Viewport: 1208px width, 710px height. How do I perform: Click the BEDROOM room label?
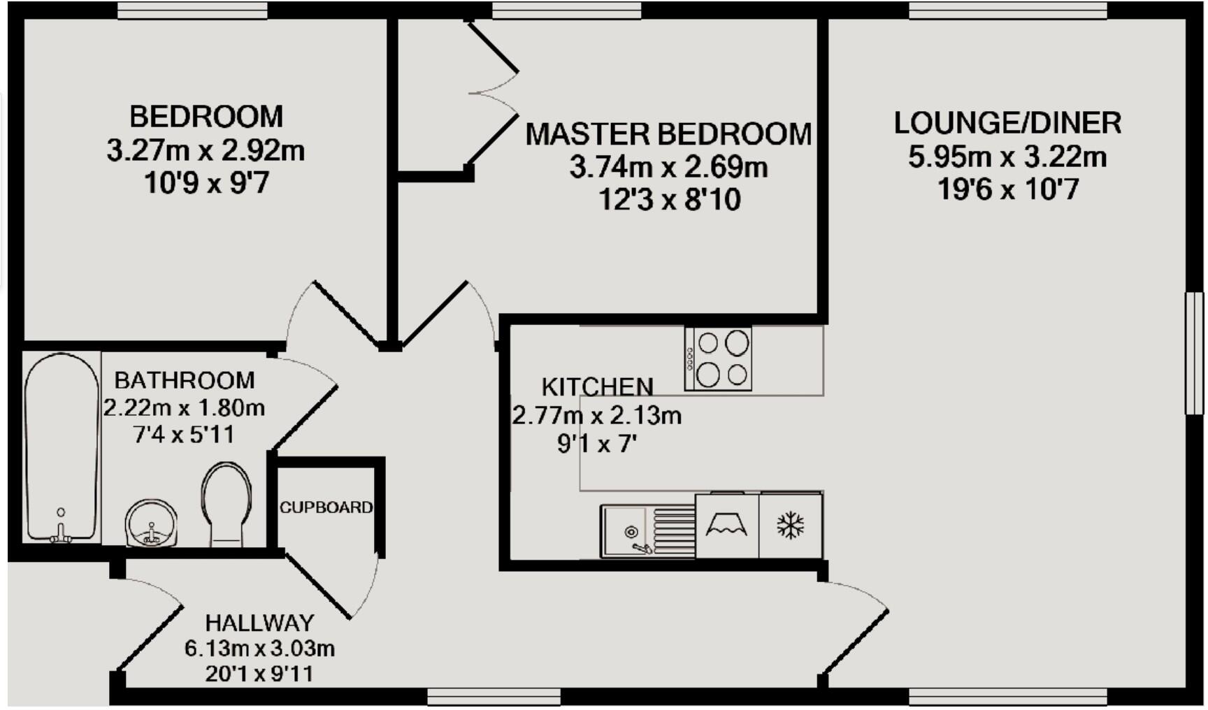[x=206, y=117]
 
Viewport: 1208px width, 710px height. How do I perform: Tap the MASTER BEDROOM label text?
[x=668, y=134]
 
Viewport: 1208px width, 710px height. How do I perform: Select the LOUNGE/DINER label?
[x=1007, y=123]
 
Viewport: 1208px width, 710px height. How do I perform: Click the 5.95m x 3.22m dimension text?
[x=1007, y=157]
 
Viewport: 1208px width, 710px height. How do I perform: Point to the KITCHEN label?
[x=597, y=386]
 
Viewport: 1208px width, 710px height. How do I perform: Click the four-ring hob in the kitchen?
[x=719, y=359]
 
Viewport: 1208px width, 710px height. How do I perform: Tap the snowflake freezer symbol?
[x=791, y=526]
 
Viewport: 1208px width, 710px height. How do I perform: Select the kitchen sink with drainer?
[x=647, y=532]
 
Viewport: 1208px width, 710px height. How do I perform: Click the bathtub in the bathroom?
[x=62, y=447]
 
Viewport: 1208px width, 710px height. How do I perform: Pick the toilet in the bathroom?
[x=226, y=503]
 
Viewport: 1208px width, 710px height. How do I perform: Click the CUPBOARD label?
[x=326, y=507]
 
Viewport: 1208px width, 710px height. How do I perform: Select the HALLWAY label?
[x=259, y=623]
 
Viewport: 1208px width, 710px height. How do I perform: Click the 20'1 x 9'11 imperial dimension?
[x=259, y=674]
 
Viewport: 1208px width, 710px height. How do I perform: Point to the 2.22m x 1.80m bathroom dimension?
[x=184, y=407]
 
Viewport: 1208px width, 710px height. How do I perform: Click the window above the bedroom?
[x=192, y=10]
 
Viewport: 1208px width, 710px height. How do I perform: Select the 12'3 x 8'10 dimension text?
[x=669, y=201]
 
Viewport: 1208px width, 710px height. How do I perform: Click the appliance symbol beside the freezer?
[x=726, y=526]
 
